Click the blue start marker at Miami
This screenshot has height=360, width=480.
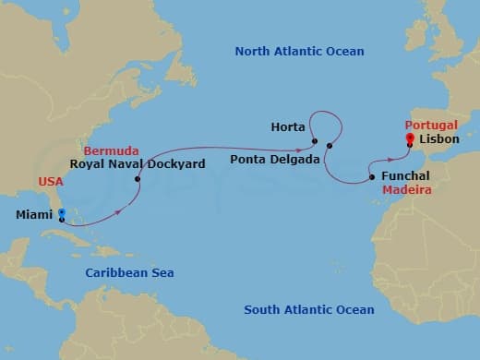tap(61, 214)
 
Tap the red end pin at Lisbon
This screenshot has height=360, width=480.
tap(409, 138)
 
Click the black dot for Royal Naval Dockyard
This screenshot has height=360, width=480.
tap(138, 179)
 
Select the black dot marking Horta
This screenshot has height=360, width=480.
tap(315, 142)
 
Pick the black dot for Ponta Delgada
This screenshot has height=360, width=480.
tap(329, 146)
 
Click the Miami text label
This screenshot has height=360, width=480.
tap(34, 215)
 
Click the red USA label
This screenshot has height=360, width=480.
tap(51, 182)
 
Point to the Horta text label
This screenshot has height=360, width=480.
tap(289, 126)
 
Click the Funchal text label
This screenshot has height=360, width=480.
tap(407, 177)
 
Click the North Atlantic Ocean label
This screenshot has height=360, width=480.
tap(299, 52)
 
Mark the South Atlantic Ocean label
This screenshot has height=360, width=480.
tap(308, 310)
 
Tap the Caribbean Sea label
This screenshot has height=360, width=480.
tap(129, 272)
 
